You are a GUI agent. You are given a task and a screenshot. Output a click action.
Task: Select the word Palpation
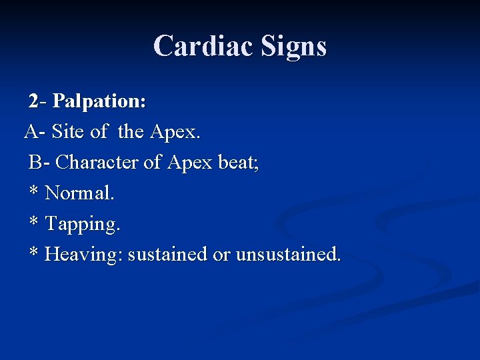[x=99, y=101]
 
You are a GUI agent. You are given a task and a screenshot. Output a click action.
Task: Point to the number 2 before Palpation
[x=33, y=101]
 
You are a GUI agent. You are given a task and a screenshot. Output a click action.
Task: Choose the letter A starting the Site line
[x=31, y=132]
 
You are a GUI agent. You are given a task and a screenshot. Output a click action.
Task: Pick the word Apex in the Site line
[x=175, y=132]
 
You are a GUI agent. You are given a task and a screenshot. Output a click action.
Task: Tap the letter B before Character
[x=35, y=163]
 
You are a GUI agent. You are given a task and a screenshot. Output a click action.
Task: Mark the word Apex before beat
[x=189, y=163]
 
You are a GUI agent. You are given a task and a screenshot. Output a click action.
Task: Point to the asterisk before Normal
[x=33, y=192]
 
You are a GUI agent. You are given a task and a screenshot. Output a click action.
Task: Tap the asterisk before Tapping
[x=33, y=223]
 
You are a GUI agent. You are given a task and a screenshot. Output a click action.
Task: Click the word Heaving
[x=84, y=255]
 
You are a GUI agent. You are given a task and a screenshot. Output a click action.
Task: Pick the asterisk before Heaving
[x=33, y=253]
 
